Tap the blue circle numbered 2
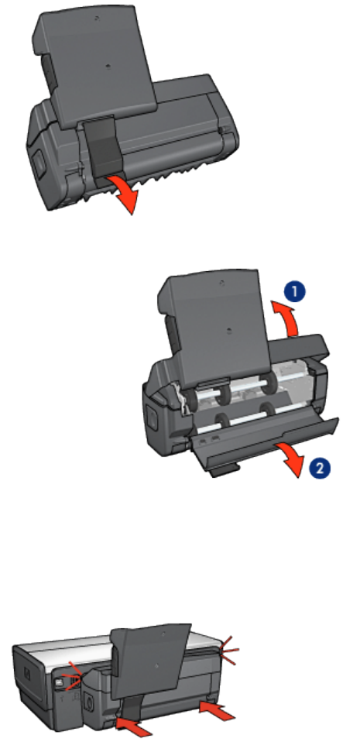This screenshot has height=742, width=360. pyautogui.click(x=320, y=468)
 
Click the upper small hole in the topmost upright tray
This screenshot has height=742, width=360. pyautogui.click(x=97, y=18)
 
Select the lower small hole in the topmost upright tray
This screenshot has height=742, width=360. pyautogui.click(x=108, y=67)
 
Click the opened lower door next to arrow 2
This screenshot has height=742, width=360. pyautogui.click(x=265, y=442)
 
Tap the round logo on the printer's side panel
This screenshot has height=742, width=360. pyautogui.click(x=27, y=675)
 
